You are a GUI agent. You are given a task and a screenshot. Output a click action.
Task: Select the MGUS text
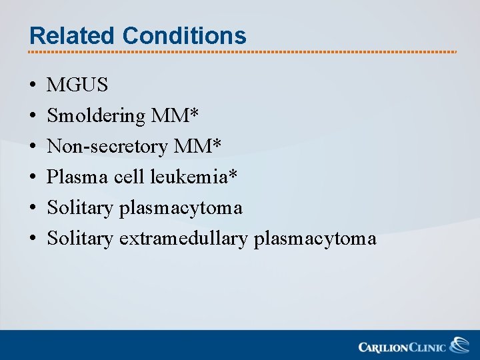(x=77, y=85)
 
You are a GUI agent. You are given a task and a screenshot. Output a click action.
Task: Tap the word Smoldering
(x=96, y=116)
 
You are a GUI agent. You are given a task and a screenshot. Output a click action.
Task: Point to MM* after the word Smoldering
(x=175, y=116)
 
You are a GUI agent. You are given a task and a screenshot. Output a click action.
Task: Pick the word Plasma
(x=71, y=177)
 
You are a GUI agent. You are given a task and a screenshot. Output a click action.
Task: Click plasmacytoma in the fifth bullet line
(x=181, y=208)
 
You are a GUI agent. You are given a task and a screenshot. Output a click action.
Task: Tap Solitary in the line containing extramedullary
(x=80, y=238)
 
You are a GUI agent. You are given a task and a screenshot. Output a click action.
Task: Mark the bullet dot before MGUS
(x=32, y=86)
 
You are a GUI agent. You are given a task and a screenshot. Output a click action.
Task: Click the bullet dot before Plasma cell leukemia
(x=32, y=178)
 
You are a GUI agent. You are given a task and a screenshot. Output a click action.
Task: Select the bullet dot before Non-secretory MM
(x=32, y=147)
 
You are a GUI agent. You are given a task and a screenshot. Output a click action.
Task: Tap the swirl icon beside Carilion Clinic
(x=459, y=345)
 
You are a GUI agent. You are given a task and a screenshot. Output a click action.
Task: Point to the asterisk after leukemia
(x=233, y=175)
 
